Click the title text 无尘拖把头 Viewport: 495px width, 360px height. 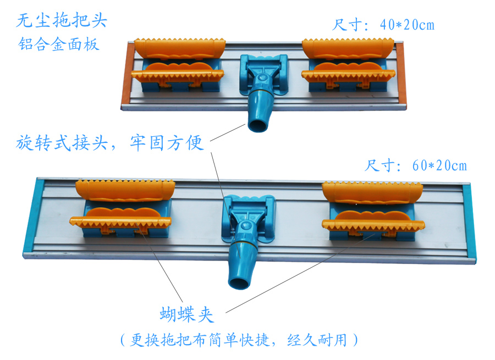pos(62,20)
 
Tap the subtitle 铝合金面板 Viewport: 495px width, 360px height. pos(59,44)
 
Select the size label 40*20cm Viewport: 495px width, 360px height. pos(407,25)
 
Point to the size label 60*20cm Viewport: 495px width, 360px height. pos(439,165)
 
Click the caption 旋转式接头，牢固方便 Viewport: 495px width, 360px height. pos(110,142)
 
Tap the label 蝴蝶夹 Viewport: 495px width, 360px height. pos(187,314)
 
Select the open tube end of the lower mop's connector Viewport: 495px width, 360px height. pos(239,283)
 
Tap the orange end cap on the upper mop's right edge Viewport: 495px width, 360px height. pos(400,74)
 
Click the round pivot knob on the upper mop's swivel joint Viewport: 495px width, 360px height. pos(261,78)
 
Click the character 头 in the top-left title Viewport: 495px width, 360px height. pos(98,20)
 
